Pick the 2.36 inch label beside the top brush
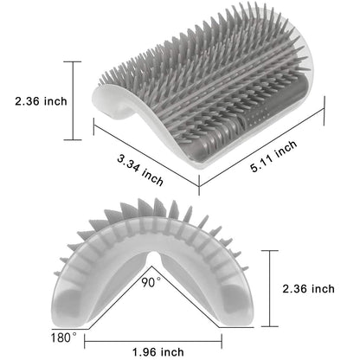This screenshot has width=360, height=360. (40, 101)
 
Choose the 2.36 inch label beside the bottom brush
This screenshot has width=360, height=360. (321, 288)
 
